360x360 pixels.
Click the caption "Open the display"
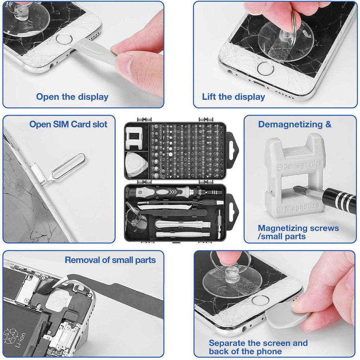tap(72, 97)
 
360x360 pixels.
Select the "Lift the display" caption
tap(233, 97)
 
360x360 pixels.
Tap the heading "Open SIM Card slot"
tap(68, 125)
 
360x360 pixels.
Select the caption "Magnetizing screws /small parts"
tap(298, 232)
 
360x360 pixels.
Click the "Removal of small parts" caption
tap(110, 260)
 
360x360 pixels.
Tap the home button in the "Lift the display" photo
tap(266, 67)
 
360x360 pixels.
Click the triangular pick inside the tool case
tap(136, 164)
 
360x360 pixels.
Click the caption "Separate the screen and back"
tap(258, 347)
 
